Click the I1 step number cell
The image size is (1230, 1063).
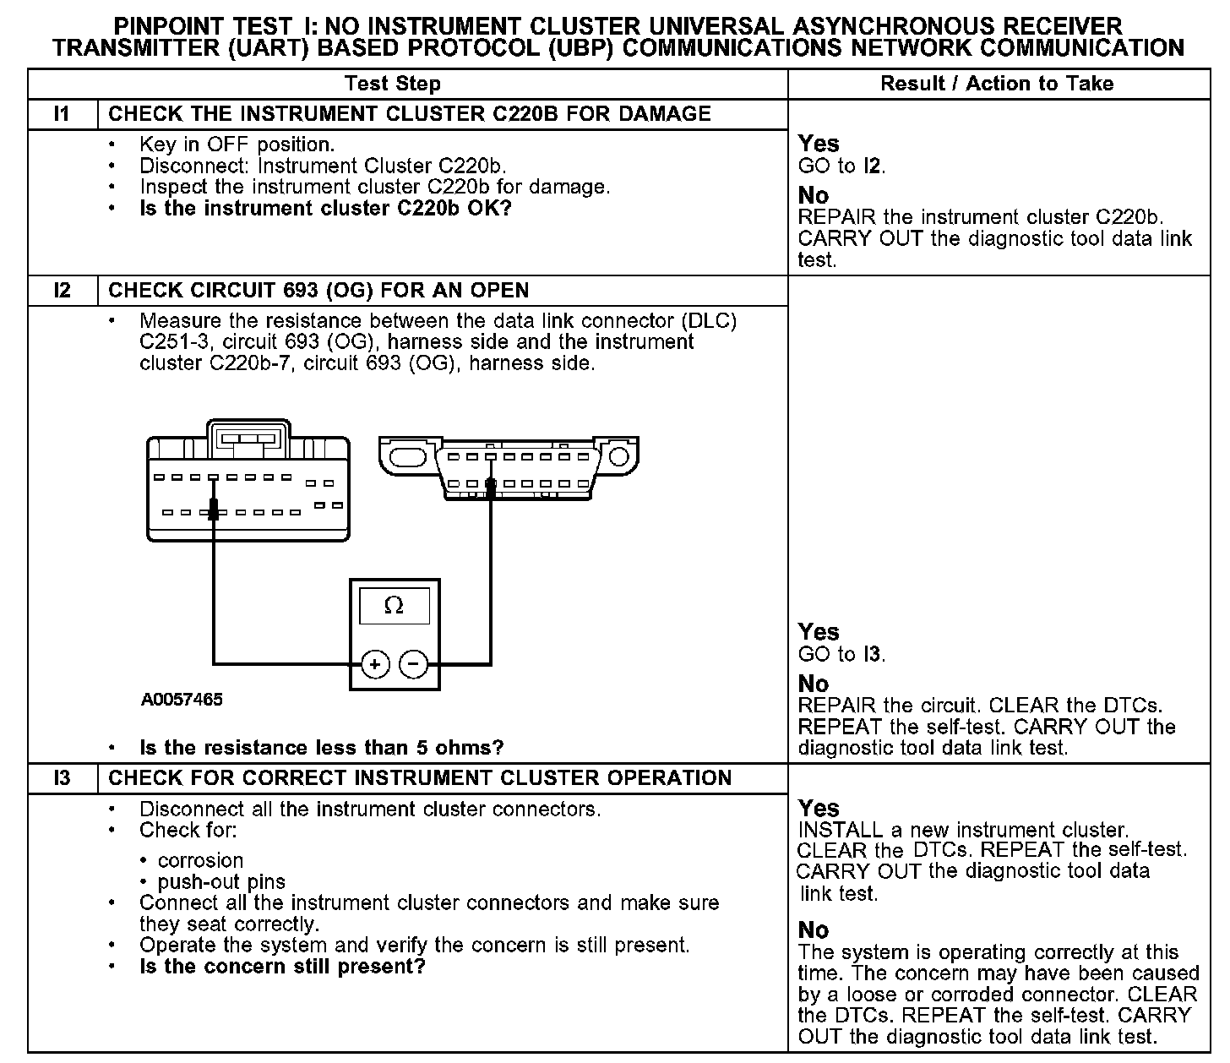click(x=63, y=114)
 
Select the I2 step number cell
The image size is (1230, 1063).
click(x=63, y=291)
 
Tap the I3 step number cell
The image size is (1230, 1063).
click(x=63, y=778)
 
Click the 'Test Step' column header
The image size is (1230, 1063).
click(x=393, y=84)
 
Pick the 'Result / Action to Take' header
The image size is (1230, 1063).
click(x=997, y=84)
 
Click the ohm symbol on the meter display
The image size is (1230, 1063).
click(x=394, y=606)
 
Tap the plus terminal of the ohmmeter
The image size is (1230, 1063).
click(x=375, y=664)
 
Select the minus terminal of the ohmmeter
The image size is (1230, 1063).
click(x=413, y=664)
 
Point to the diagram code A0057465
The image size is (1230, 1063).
click(x=182, y=700)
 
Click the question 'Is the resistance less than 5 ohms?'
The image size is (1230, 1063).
click(x=321, y=748)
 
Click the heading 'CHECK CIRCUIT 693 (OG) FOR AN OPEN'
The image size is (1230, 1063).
click(x=318, y=291)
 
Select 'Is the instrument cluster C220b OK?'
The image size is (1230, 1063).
click(x=325, y=208)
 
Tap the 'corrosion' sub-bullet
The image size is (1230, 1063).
click(x=200, y=860)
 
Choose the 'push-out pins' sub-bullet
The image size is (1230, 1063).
click(x=221, y=882)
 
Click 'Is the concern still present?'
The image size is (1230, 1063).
click(x=282, y=966)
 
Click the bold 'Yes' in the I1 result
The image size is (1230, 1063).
click(x=819, y=144)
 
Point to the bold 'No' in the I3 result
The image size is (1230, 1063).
click(x=814, y=930)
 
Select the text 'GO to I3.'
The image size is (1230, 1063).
click(x=841, y=654)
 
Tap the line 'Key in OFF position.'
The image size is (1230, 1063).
click(x=237, y=144)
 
